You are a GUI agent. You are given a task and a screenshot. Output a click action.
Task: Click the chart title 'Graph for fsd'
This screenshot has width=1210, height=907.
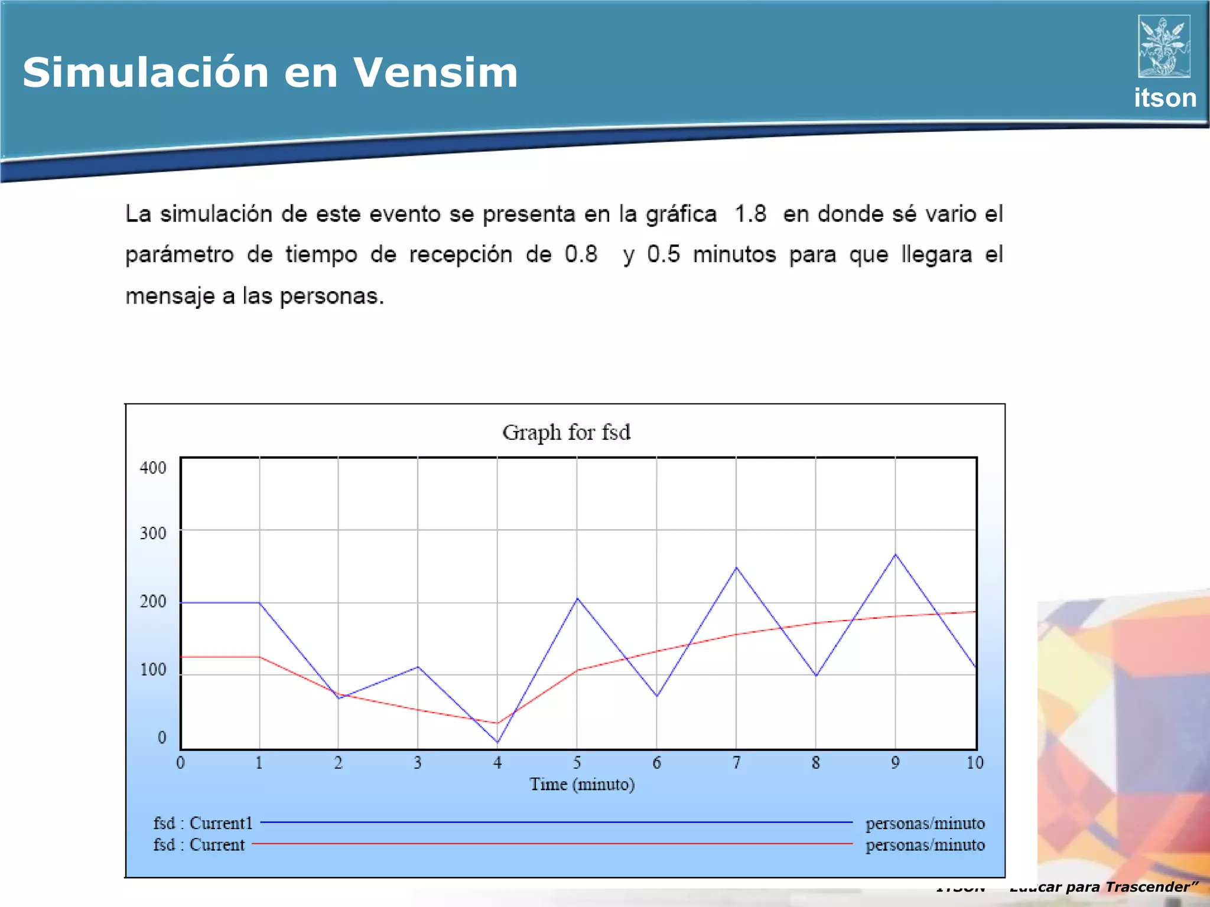coord(566,432)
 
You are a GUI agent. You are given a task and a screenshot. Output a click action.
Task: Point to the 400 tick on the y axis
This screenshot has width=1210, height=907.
coord(153,468)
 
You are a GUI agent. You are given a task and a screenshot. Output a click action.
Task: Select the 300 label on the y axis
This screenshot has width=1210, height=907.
coord(153,533)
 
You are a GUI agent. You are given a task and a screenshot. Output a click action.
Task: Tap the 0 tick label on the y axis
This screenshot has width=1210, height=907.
coord(162,738)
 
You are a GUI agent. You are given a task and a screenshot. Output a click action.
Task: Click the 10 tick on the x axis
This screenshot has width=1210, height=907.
coord(975,763)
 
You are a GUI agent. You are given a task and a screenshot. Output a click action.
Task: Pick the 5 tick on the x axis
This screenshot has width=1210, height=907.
coord(577,763)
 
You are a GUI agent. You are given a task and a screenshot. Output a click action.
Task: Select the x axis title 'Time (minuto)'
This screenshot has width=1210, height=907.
coord(582,784)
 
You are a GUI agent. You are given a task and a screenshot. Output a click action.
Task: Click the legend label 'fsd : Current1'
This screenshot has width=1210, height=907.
coord(203,823)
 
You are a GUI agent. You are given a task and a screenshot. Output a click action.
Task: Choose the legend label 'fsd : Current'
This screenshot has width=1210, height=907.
coord(199,845)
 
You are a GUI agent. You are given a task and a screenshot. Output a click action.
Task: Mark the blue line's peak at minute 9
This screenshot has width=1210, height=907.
coord(896,554)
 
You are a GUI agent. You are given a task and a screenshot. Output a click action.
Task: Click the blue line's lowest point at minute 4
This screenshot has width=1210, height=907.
coord(497,742)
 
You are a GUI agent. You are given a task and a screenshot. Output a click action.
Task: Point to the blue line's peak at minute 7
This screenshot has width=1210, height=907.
coord(736,567)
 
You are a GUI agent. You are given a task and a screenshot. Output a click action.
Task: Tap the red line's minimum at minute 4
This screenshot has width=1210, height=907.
coord(497,723)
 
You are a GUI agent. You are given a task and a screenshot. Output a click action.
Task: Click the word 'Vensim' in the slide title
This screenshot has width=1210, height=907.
coord(435,73)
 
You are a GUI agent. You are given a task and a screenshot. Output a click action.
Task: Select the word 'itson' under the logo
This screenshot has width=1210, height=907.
coord(1165,98)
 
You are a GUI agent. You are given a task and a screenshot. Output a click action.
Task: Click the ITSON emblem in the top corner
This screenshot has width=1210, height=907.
coord(1164,46)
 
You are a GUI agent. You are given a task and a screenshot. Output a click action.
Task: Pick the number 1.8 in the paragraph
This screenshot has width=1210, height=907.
coord(750,214)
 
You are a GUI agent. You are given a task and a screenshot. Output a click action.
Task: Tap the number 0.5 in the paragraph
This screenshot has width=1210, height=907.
coord(663,255)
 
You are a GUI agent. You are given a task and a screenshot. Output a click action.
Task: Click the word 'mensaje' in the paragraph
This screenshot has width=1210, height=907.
coord(170,296)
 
